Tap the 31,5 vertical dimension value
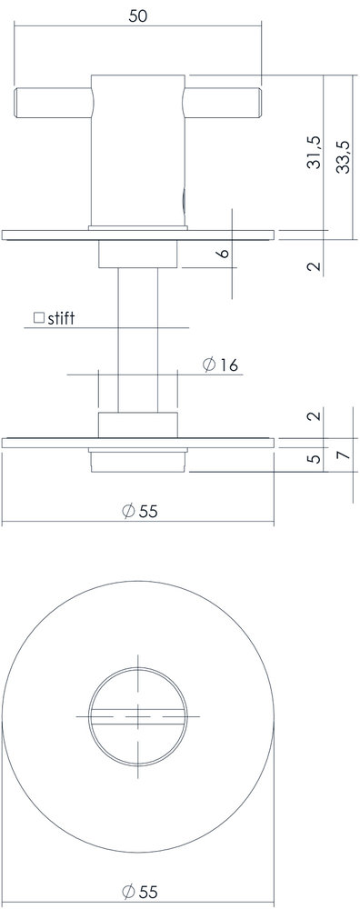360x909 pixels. coord(314,154)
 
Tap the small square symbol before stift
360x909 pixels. coord(39,318)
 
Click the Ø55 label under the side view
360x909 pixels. coord(138,511)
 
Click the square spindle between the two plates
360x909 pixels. coord(138,336)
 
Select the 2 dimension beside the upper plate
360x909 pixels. coord(314,266)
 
